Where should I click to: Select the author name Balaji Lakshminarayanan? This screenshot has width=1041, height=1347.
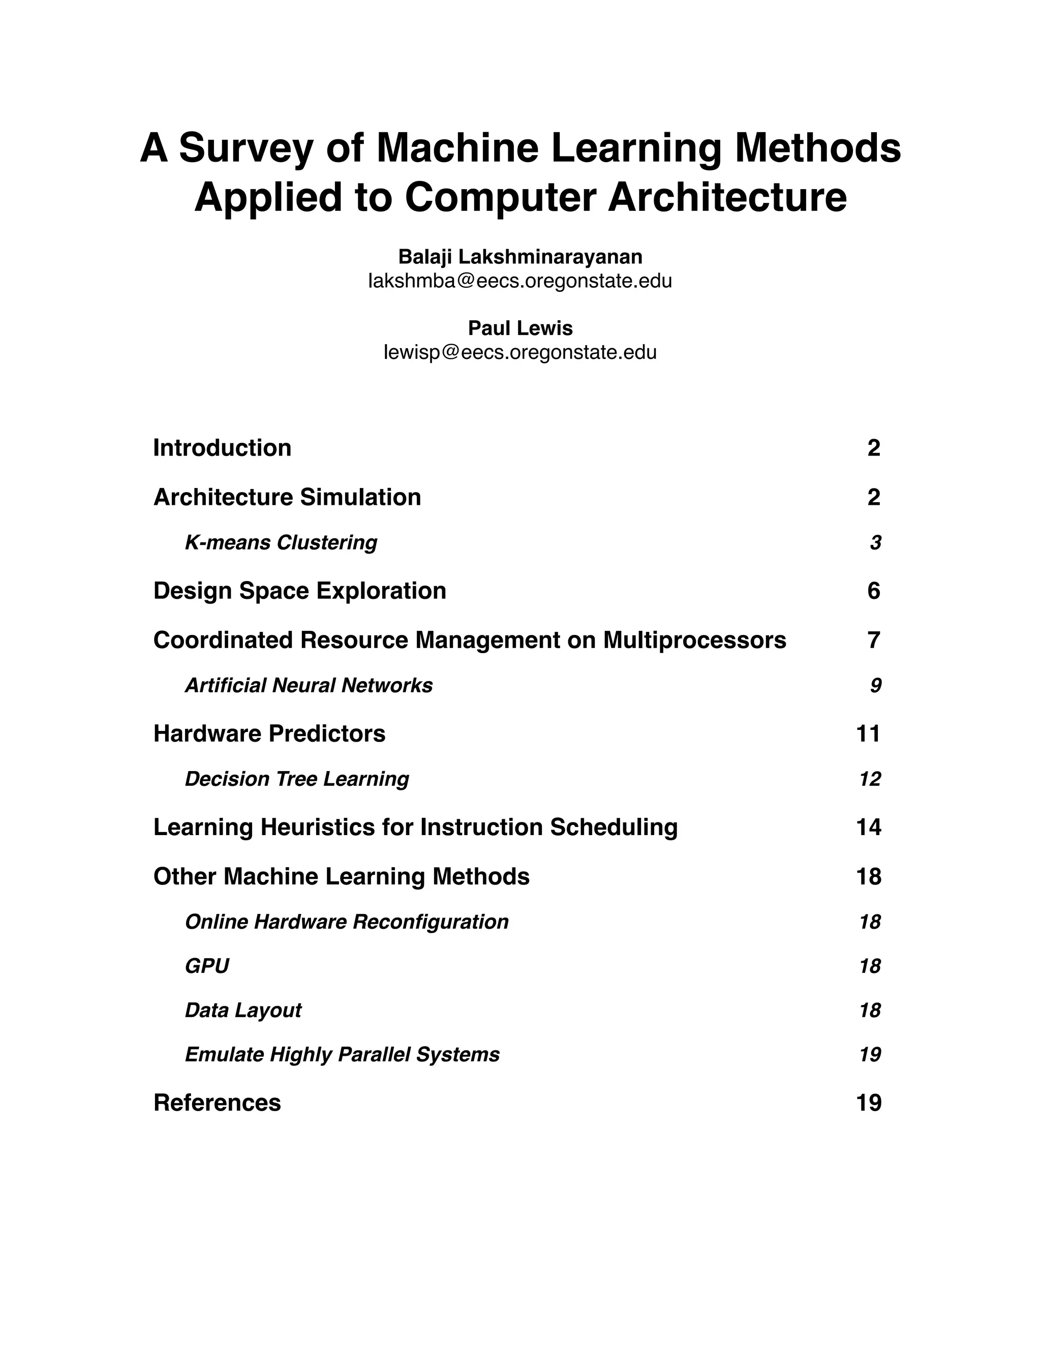click(x=520, y=256)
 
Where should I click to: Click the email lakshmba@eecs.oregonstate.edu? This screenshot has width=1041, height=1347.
click(x=520, y=281)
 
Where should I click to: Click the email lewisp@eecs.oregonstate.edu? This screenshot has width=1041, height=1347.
click(x=520, y=353)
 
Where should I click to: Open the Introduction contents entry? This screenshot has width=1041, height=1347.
click(x=222, y=448)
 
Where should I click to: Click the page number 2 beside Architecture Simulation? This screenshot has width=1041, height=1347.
click(x=873, y=497)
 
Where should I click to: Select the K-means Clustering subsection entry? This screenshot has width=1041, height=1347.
click(x=281, y=543)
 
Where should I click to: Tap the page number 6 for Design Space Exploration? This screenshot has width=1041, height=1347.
click(x=873, y=591)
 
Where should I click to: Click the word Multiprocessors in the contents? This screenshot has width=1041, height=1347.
click(x=694, y=640)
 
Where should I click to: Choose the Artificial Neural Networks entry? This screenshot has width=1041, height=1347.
click(x=309, y=685)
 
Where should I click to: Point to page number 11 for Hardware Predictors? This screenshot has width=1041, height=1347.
click(x=868, y=734)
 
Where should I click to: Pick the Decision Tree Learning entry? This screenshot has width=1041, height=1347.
click(x=297, y=779)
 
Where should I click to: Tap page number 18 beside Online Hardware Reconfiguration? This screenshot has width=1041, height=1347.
click(x=870, y=922)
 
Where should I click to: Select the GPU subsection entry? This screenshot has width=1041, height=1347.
click(x=206, y=966)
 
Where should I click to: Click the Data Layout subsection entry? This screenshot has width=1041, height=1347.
click(x=243, y=1011)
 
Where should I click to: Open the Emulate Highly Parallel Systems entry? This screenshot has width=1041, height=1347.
click(x=342, y=1055)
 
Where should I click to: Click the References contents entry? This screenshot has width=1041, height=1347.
click(x=217, y=1103)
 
